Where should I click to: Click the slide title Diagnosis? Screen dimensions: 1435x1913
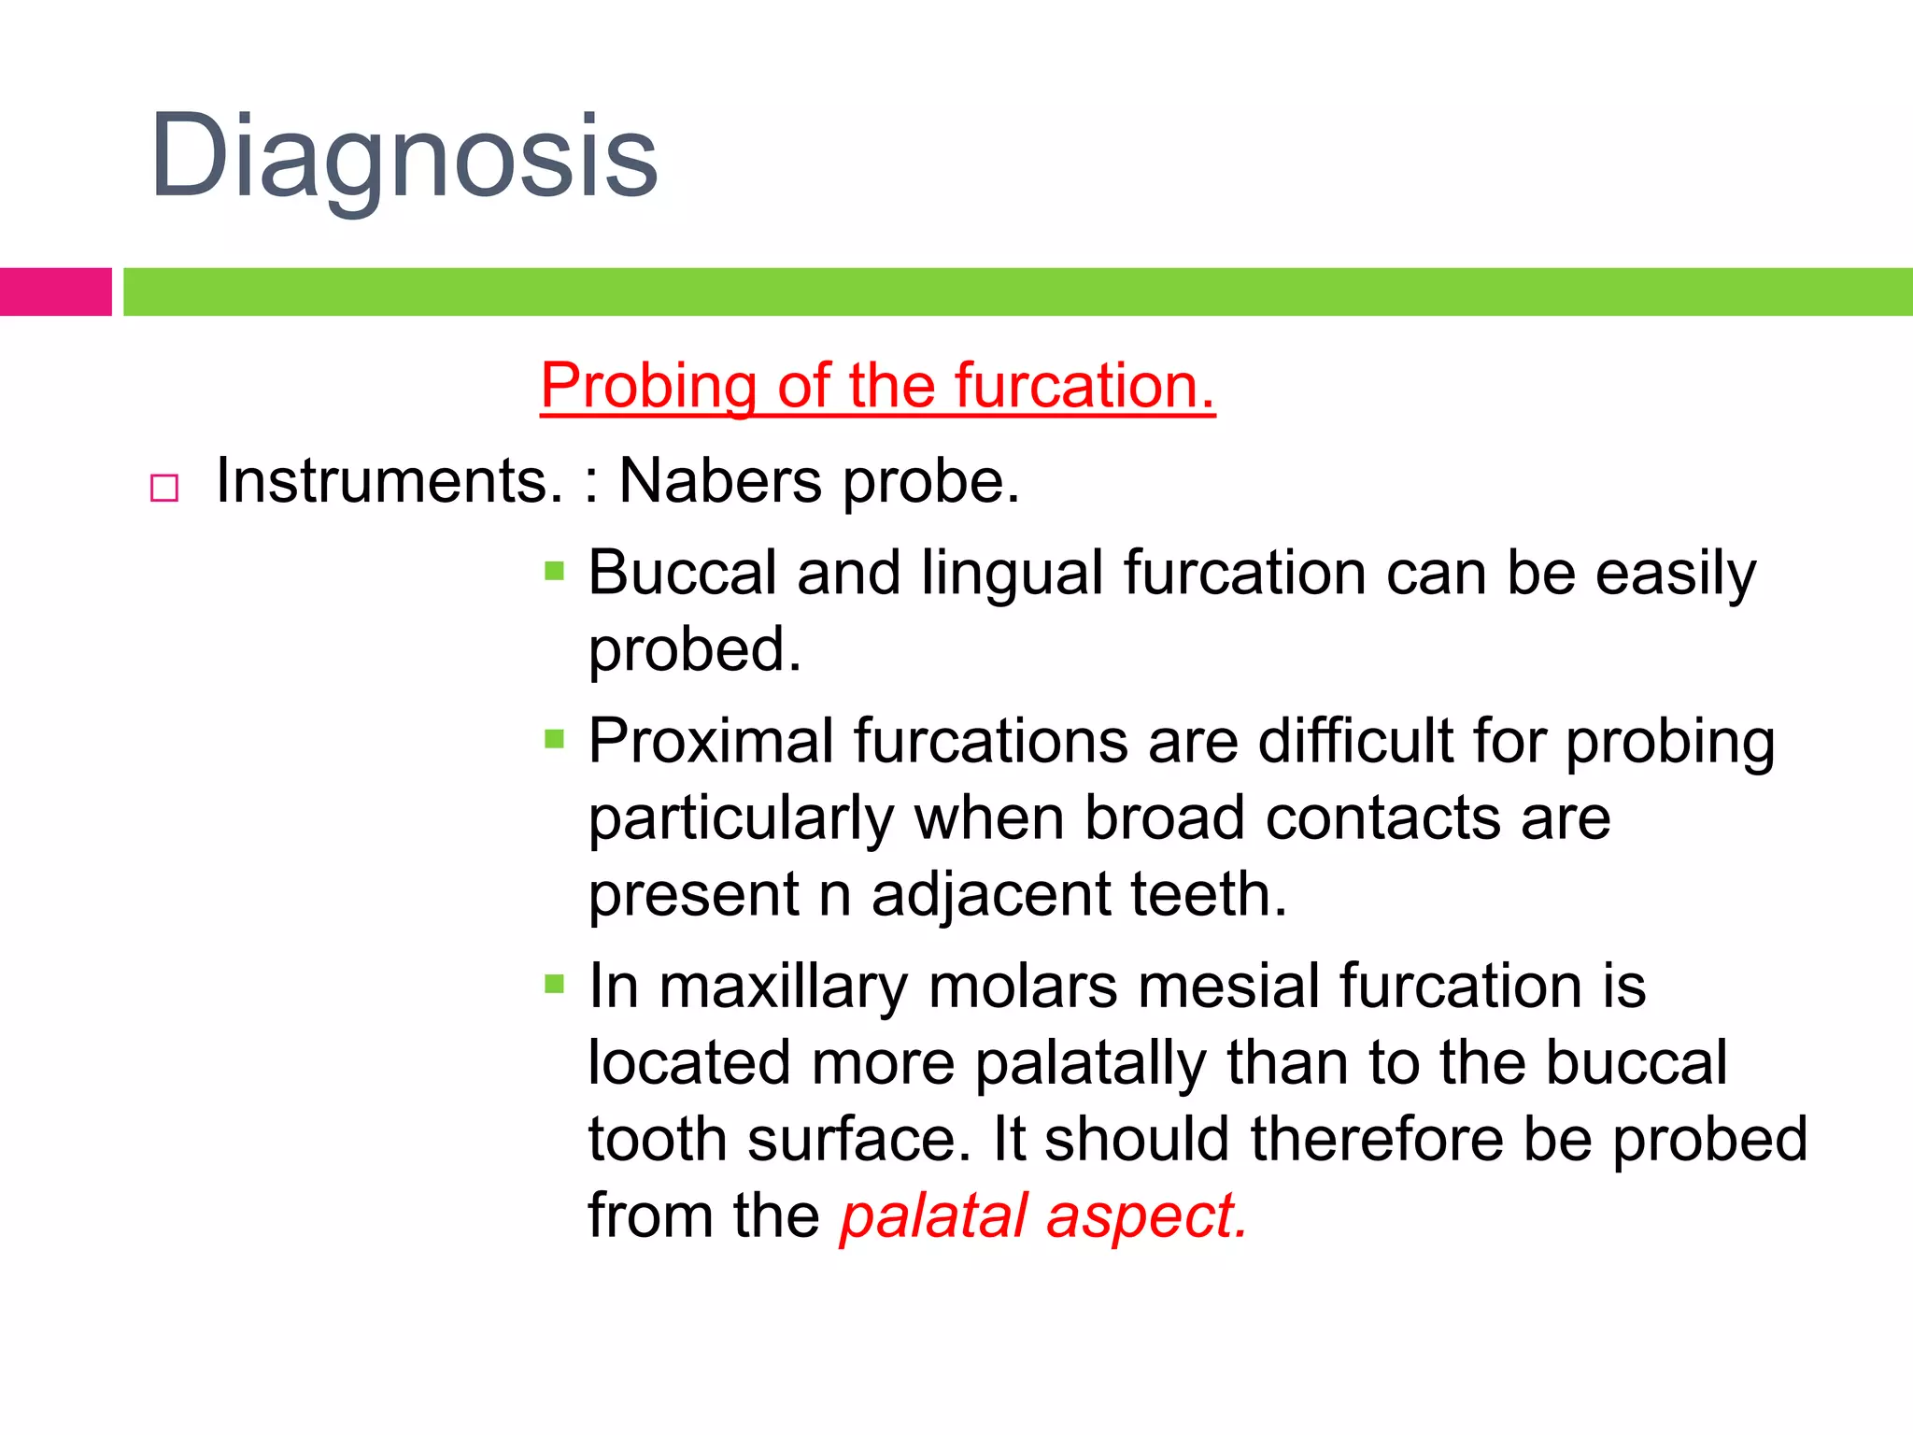pos(404,157)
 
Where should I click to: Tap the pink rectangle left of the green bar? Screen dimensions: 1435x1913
pos(55,291)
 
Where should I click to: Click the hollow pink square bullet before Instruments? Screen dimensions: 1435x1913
pos(164,488)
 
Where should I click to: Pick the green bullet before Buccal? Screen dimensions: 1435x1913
pos(554,571)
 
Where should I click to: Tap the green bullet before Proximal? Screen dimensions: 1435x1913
pos(554,740)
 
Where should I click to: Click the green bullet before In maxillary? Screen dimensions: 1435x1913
pos(554,984)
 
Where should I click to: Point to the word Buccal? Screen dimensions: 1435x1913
pos(682,572)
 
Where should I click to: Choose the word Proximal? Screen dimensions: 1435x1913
pos(711,742)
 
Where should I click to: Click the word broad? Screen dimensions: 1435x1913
pos(1164,818)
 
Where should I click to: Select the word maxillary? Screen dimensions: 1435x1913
pos(784,987)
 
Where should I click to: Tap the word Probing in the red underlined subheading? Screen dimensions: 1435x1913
pos(649,387)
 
